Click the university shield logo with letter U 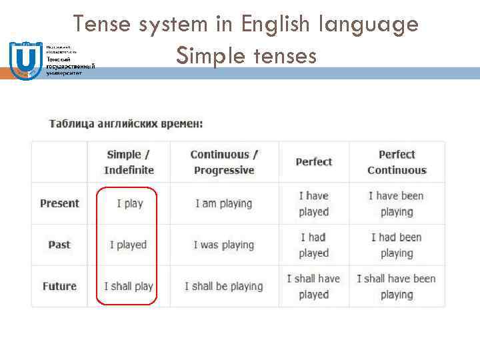pos(25,60)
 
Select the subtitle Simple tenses pos(246,57)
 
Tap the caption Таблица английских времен pos(126,124)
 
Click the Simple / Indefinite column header pos(129,162)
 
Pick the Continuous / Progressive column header pos(224,162)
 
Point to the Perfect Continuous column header pos(397,162)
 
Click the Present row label pos(59,203)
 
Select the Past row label pos(59,245)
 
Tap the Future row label pos(59,286)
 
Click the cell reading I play pos(129,203)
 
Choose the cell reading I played pos(128,245)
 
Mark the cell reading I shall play pos(129,286)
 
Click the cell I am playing pos(224,203)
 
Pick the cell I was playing pos(224,245)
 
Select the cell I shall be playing pos(224,286)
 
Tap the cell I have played pos(313,203)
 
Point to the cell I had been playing pos(397,245)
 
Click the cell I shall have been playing pos(397,286)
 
